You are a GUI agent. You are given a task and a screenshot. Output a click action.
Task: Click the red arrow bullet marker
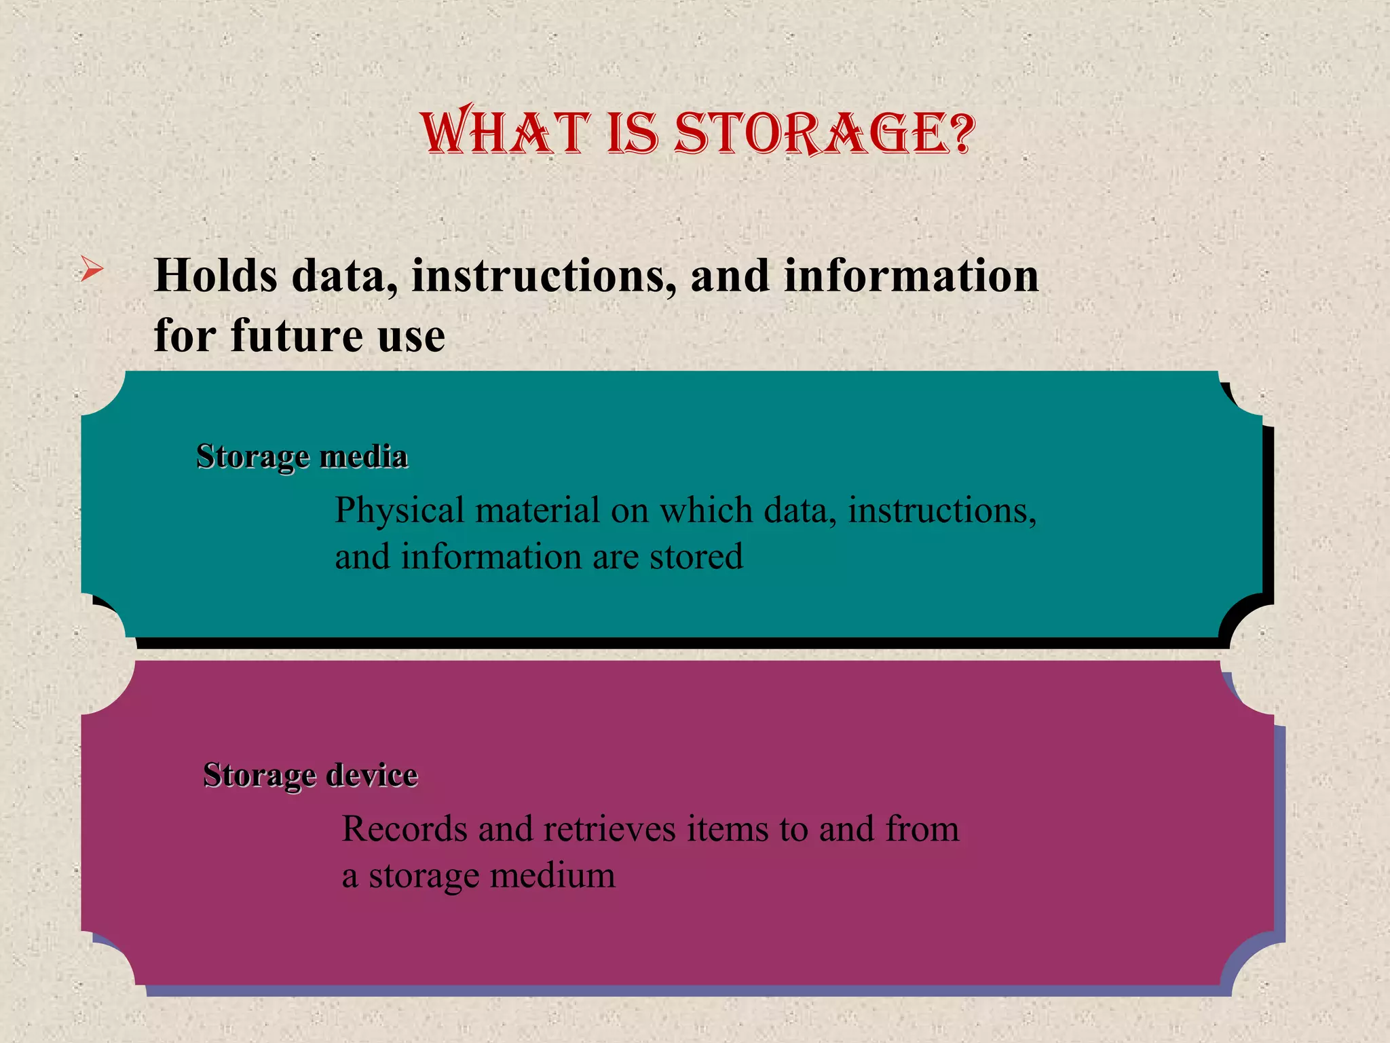(x=92, y=270)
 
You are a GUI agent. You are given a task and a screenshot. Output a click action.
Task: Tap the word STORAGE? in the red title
(x=825, y=132)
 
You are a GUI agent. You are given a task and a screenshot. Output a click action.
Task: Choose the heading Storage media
(x=302, y=456)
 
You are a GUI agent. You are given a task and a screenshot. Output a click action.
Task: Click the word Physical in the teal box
(x=400, y=511)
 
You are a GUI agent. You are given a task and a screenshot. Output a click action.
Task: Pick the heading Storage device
(x=310, y=775)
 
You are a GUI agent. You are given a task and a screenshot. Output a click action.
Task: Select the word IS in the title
(x=633, y=132)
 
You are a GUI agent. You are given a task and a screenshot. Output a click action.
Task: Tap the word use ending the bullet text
(x=411, y=335)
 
